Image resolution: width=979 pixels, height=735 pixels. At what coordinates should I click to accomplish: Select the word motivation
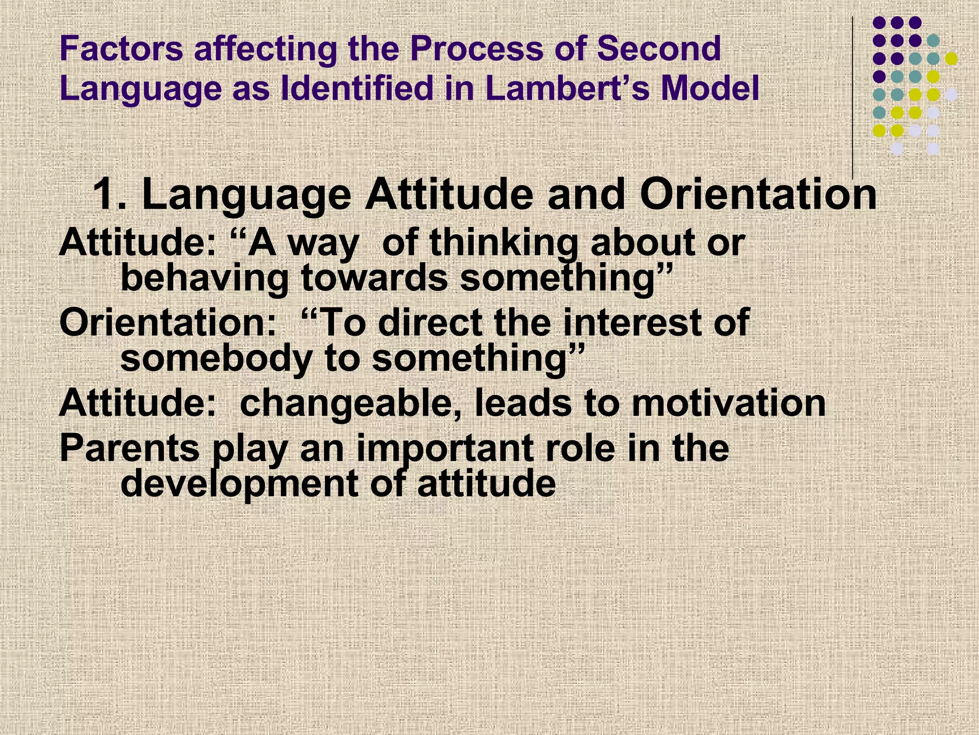(729, 403)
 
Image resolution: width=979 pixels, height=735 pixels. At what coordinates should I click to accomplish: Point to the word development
(239, 484)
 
